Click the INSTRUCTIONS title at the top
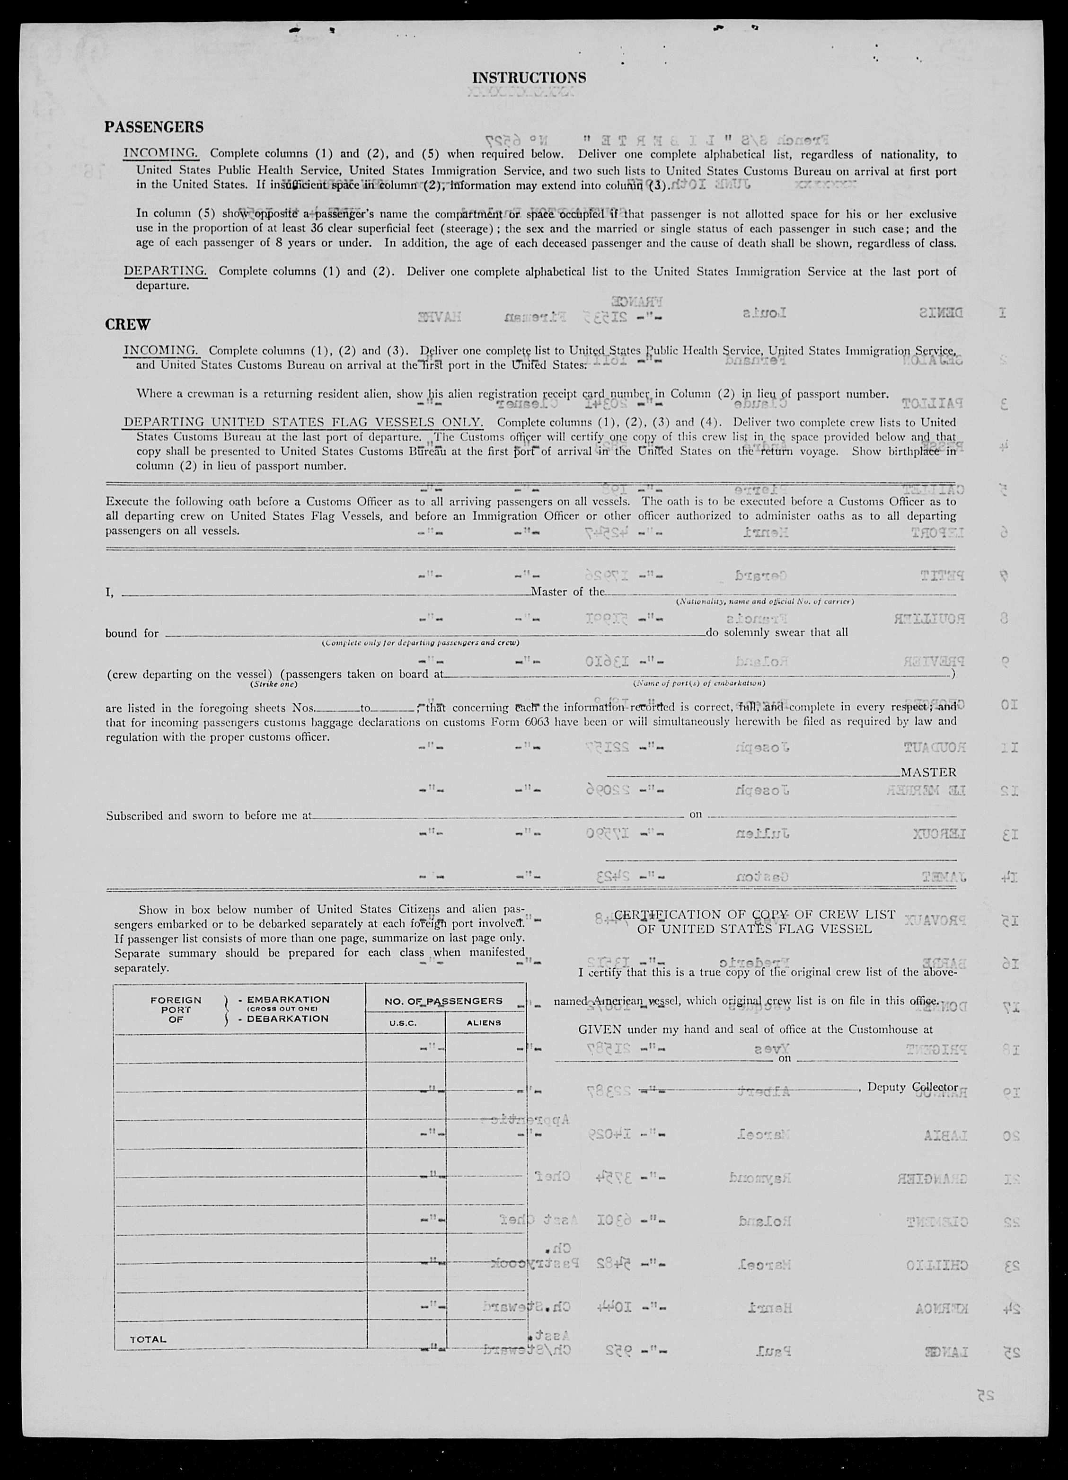pos(529,78)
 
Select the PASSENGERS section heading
pos(154,126)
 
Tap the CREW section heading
pos(128,324)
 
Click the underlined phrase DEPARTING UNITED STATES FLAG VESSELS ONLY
pos(303,422)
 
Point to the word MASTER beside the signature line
pos(928,772)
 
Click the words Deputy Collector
pos(912,1087)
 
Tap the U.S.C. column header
pos(403,1023)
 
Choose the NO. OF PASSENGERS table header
pos(444,1001)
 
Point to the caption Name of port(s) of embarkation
pos(699,683)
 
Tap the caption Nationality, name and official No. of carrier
pos(765,602)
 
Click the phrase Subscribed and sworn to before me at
pos(209,815)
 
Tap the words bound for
pos(132,633)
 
